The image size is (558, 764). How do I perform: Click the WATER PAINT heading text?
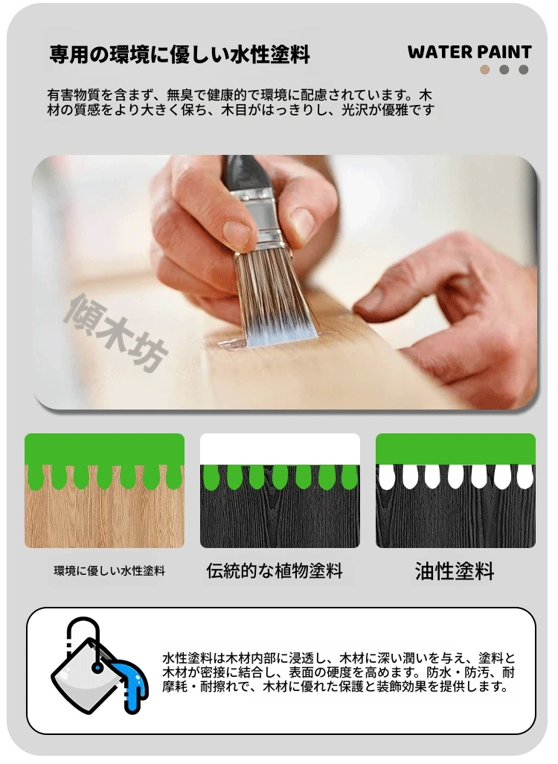pos(469,52)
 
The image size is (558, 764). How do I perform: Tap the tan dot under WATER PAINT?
pos(484,70)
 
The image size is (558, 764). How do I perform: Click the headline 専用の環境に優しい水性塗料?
pos(179,54)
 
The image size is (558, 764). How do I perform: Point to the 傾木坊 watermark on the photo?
pos(116,333)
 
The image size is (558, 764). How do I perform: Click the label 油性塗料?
pos(455,571)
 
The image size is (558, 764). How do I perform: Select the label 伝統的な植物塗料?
pos(275,570)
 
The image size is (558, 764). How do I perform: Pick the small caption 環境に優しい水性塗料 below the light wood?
pos(109,570)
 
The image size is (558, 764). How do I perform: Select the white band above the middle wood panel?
pos(280,449)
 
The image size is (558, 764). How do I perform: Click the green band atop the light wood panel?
pos(105,449)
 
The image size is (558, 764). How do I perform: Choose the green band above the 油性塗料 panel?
pos(456,449)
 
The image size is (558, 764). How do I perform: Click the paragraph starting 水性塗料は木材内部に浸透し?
pos(339,673)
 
